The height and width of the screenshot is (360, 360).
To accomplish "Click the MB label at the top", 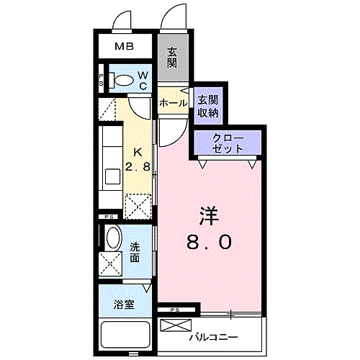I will click(x=127, y=48).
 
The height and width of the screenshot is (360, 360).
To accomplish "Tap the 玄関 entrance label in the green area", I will click(x=173, y=58).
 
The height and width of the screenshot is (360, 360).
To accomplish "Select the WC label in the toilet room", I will click(x=143, y=81).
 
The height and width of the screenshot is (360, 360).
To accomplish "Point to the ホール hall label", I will click(x=173, y=104).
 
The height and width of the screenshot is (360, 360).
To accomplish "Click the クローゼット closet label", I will click(x=228, y=143).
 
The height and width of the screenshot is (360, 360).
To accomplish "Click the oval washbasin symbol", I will click(x=112, y=237).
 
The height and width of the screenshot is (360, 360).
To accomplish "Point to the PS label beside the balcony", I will click(x=175, y=310).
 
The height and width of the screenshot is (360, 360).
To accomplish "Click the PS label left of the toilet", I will click(x=102, y=81).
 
